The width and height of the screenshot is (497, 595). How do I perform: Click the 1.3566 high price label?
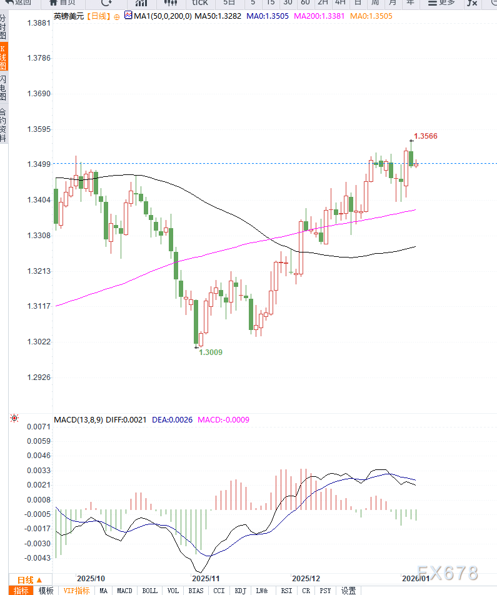[x=426, y=136]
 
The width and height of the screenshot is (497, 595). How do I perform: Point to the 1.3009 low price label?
[x=211, y=352]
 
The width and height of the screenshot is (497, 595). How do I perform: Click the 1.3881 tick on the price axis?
[x=39, y=22]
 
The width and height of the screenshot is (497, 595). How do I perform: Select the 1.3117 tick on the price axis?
[x=39, y=306]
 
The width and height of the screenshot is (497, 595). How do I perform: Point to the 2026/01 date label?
[x=415, y=578]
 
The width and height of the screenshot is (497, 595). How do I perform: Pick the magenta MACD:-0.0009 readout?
[x=223, y=420]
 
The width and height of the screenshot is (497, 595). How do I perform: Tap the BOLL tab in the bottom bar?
[x=150, y=591]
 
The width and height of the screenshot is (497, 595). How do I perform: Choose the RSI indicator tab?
[x=286, y=591]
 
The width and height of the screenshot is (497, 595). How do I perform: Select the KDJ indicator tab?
[x=240, y=591]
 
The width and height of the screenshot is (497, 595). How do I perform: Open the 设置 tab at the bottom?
[x=348, y=591]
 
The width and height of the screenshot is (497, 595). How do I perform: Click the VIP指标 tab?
[x=76, y=591]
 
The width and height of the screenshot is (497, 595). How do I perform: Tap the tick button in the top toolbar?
[x=199, y=2]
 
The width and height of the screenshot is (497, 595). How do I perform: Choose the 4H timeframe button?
[x=340, y=2]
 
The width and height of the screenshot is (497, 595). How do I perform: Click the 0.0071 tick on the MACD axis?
[x=39, y=427]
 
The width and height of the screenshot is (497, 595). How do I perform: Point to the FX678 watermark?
[x=448, y=573]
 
